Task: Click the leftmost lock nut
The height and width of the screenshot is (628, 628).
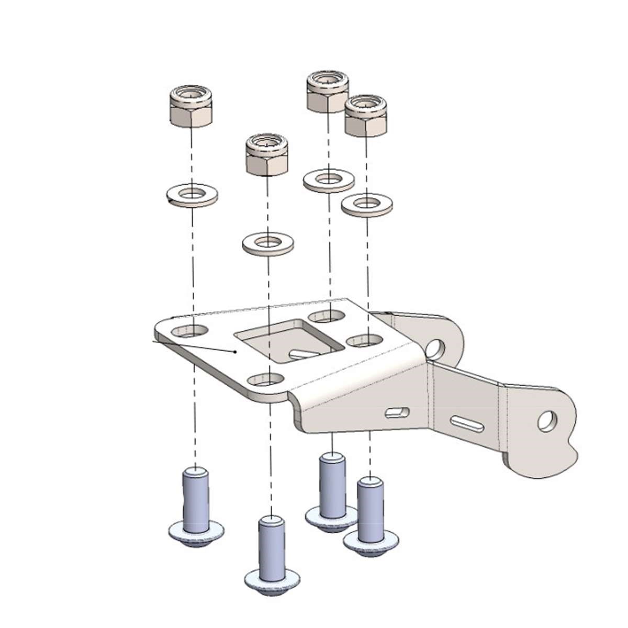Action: [x=192, y=107]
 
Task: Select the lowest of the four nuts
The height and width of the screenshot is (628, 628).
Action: [x=267, y=155]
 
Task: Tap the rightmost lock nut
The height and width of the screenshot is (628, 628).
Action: [x=366, y=116]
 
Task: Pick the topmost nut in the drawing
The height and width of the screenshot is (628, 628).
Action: [x=328, y=92]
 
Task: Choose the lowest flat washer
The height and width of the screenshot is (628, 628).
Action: [x=267, y=243]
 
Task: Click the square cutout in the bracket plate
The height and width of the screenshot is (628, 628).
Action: [x=288, y=340]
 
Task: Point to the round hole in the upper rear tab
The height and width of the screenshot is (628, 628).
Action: [x=435, y=346]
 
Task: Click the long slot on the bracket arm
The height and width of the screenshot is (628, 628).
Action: [x=468, y=422]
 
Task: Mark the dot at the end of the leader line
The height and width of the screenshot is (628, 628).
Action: [x=235, y=352]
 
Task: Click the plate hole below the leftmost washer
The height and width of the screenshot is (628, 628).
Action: [x=189, y=330]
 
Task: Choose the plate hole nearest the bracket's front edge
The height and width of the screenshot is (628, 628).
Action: [x=265, y=379]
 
